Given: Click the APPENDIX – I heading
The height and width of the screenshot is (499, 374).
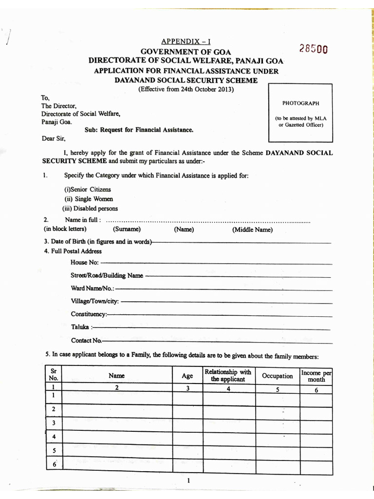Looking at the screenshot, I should pos(186,42).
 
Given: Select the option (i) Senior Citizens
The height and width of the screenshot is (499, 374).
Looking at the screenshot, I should pos(88,189).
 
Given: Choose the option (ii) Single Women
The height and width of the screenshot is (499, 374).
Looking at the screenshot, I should pos(89,199).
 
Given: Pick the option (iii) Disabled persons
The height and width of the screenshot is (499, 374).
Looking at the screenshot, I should pos(90,209).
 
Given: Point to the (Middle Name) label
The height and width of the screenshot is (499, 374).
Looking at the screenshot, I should pos(252,230).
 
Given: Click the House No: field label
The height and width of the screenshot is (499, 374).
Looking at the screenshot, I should pos(84,263).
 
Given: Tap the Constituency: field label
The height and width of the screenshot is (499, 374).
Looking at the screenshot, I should pos(88,314).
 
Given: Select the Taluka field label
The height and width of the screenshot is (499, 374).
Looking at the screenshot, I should pos(80,327).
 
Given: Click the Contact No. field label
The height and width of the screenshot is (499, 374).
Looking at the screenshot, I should pos(86,340).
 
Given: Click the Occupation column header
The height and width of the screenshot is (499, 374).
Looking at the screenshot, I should pos(278,376).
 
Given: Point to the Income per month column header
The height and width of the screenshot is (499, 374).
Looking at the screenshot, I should pos(316,376).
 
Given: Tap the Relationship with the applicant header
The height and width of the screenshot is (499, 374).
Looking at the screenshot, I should pos(228,376).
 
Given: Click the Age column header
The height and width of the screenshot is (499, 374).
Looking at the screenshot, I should pos(187,376).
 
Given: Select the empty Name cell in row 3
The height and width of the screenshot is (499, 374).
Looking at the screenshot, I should pos(117,423).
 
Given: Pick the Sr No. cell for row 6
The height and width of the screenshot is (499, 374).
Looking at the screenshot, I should pos(54,464).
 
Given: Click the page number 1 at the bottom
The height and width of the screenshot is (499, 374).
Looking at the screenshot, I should pos(188,481).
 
